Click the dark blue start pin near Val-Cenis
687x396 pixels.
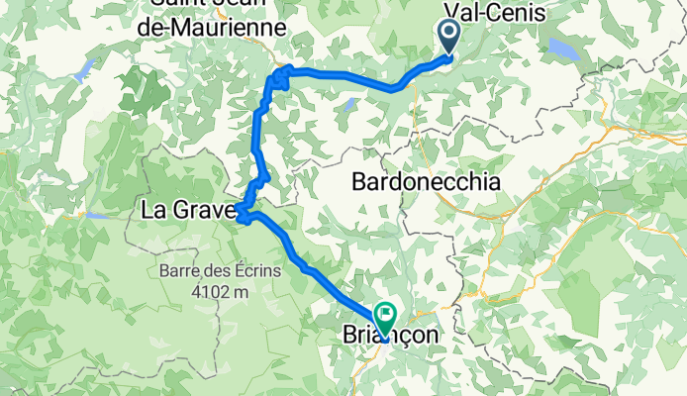(448, 40)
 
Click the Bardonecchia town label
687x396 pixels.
(427, 183)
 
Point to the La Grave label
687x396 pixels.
(188, 210)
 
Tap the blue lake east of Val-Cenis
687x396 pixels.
(564, 49)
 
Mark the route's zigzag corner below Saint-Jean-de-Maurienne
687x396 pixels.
(281, 76)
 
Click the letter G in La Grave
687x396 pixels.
(185, 210)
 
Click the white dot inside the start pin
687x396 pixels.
(448, 35)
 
